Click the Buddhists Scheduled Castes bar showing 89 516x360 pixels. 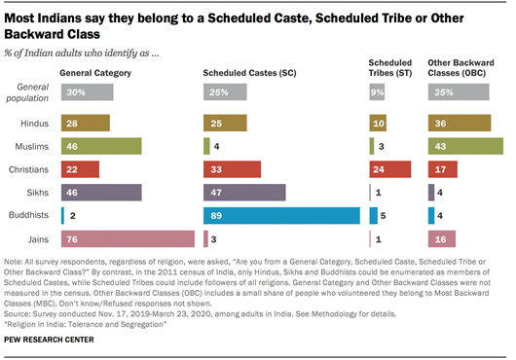[281, 215]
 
